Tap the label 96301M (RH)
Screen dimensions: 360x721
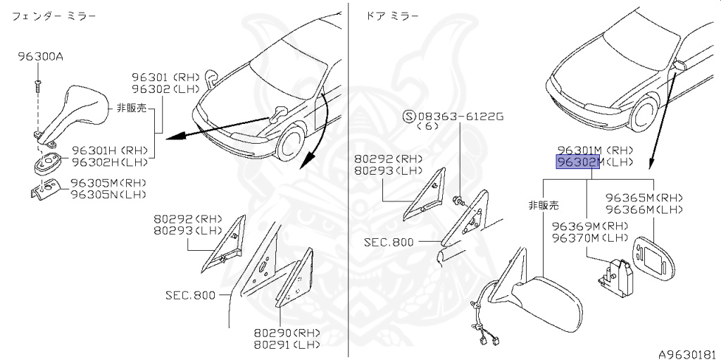point(596,150)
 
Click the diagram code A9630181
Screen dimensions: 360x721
point(687,353)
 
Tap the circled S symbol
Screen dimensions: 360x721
point(407,116)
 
